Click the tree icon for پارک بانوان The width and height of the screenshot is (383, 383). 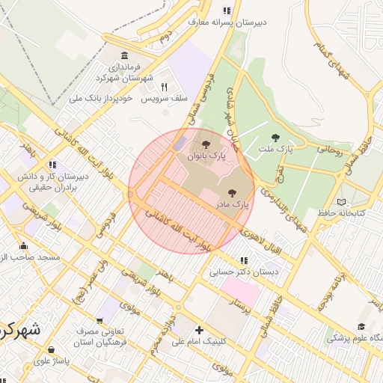[206, 144]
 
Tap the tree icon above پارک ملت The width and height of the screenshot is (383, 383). [275, 138]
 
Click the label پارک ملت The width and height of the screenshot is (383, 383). [276, 149]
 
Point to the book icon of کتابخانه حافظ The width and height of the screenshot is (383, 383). [341, 202]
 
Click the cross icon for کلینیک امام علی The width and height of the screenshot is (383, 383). [198, 330]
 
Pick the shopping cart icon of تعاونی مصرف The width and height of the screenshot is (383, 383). [100, 320]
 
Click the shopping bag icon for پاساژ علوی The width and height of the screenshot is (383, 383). [50, 349]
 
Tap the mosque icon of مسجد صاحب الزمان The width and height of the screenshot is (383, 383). [23, 246]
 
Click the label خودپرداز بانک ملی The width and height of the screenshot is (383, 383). [101, 98]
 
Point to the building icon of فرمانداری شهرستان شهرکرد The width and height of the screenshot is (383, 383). [123, 57]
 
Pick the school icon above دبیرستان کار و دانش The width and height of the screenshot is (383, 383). [51, 165]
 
